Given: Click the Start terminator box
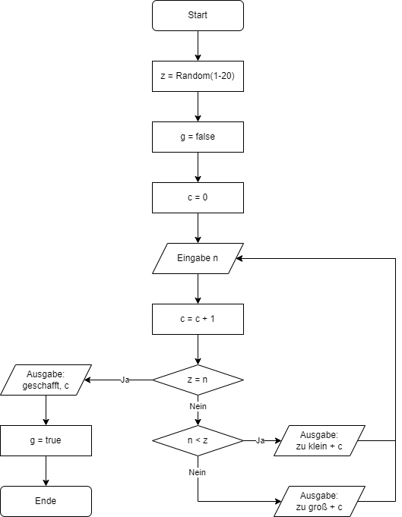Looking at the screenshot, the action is [x=198, y=15].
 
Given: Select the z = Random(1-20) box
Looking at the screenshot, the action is [x=198, y=76].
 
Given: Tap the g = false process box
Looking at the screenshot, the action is [x=198, y=137].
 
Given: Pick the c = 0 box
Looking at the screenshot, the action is [x=198, y=197].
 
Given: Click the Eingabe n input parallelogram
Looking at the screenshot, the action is [x=198, y=258].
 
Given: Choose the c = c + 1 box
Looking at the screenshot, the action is [x=198, y=319].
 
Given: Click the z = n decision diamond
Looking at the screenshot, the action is [x=198, y=380].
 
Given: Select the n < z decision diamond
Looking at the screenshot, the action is [x=198, y=440].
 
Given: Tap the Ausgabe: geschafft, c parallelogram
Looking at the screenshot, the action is [x=46, y=380].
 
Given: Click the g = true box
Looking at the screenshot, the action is [x=46, y=440].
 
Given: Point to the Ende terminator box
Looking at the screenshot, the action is [x=46, y=501].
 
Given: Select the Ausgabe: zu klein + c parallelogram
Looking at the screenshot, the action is [x=319, y=440].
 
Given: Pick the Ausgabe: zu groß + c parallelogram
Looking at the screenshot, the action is [x=319, y=501].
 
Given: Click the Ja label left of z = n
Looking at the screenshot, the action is [x=125, y=380].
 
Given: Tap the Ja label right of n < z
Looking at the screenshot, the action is [x=260, y=440].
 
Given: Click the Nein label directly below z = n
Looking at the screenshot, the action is [x=198, y=406].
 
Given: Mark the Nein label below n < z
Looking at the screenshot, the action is [x=197, y=472].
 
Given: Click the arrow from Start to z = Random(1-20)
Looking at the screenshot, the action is [x=198, y=46].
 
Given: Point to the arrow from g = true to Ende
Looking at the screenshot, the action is [x=46, y=471].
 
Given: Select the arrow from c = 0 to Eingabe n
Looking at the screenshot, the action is [x=198, y=228].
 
